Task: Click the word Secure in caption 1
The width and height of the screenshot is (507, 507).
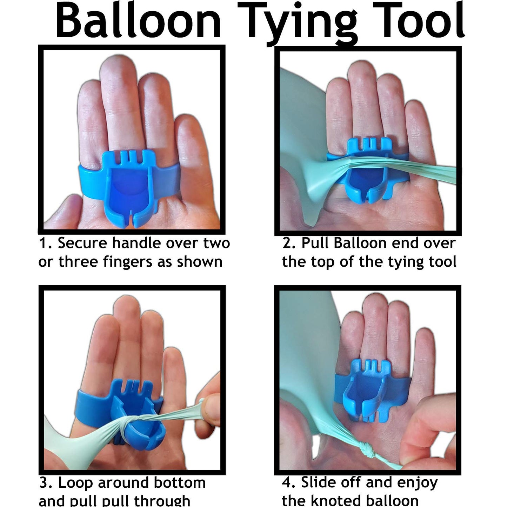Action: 82,243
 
